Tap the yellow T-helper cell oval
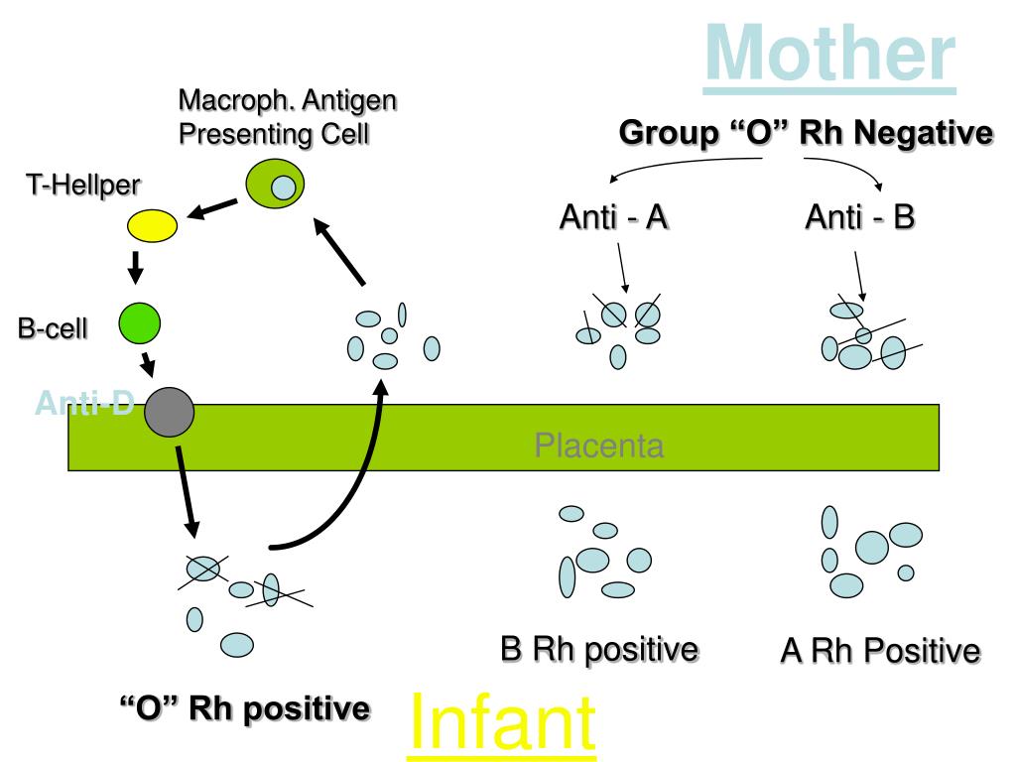[153, 225]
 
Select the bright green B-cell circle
[140, 320]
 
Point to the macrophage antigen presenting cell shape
[275, 185]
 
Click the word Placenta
[598, 445]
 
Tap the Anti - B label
[859, 216]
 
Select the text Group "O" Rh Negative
[806, 133]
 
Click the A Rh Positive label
[880, 652]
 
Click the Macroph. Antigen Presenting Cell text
[288, 117]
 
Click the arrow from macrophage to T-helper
[213, 207]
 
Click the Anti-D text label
[84, 403]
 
